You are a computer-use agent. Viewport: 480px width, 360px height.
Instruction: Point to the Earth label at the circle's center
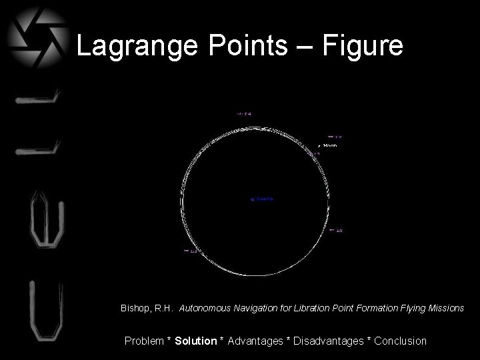pos(261,199)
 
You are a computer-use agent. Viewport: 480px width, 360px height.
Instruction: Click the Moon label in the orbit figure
pos(329,145)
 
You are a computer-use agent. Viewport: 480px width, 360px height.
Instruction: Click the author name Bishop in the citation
pos(136,309)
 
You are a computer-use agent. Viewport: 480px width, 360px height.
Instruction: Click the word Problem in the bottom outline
pos(145,341)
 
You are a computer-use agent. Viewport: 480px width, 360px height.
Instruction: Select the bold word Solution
pos(196,341)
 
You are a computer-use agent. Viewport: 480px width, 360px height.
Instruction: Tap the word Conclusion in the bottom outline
pos(400,341)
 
